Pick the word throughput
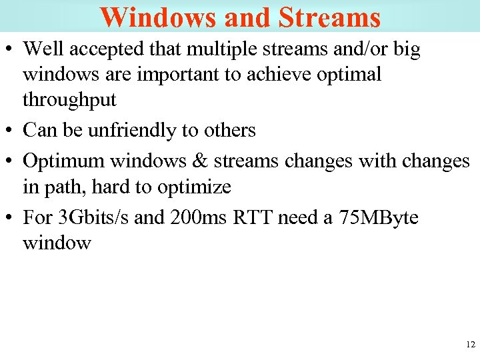[x=69, y=100]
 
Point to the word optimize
[x=194, y=187]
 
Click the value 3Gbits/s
[x=90, y=217]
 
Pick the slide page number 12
[x=470, y=345]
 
